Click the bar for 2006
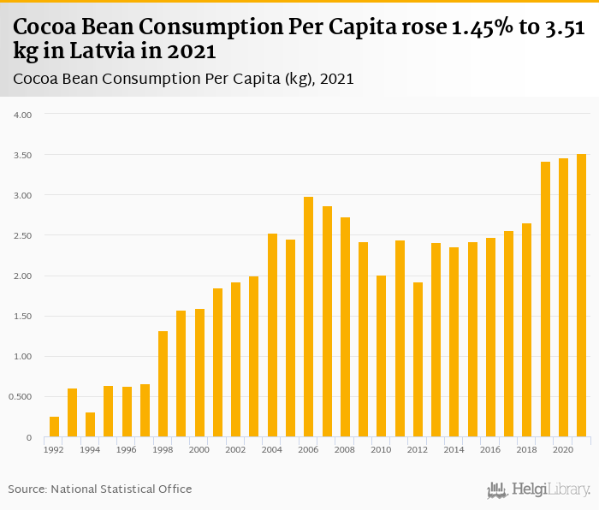click(309, 317)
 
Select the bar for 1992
click(54, 427)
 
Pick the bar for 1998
click(163, 384)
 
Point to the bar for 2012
click(418, 359)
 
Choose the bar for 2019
click(545, 299)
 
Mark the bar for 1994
click(91, 424)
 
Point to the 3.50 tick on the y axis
click(20, 155)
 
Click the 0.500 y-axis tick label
click(18, 397)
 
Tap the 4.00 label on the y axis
click(20, 115)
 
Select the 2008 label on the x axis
click(345, 449)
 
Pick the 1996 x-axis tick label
click(127, 449)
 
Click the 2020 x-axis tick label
click(563, 449)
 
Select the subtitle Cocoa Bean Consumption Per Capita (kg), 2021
click(184, 79)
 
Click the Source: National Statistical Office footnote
click(100, 489)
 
